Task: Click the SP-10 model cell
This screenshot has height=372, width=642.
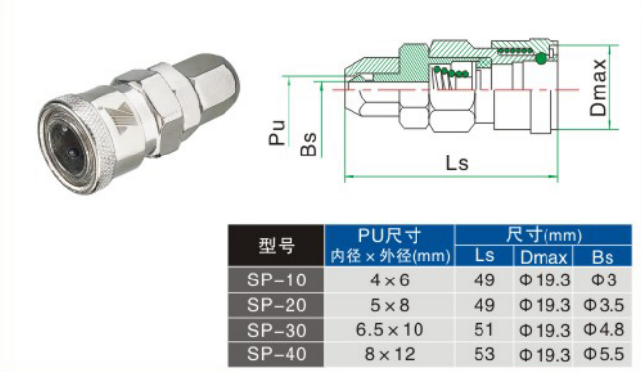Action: coord(277,279)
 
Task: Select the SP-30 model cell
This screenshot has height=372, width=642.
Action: coord(277,330)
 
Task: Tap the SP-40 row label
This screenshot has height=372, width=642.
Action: coord(277,354)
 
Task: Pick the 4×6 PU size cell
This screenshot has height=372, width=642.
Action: coord(389,279)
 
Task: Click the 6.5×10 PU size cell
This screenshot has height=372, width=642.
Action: coord(389,330)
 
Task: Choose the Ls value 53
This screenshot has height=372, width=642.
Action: coord(483,354)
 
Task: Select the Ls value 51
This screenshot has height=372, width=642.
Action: coord(483,330)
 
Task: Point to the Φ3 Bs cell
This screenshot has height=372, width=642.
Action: coord(603,279)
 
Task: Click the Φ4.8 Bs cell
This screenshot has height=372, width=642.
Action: coord(603,330)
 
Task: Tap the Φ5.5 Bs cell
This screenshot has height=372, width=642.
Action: coord(603,354)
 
